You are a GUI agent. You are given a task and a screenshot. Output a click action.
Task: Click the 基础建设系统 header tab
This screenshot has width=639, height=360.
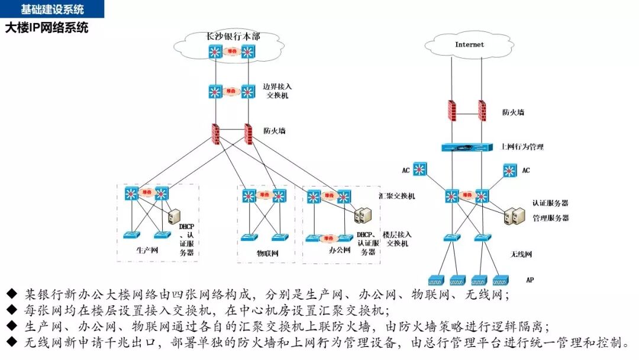click(x=52, y=9)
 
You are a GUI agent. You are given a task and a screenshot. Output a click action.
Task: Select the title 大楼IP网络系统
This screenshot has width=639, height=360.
click(x=47, y=27)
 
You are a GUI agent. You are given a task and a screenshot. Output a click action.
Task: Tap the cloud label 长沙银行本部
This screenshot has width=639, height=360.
click(x=233, y=37)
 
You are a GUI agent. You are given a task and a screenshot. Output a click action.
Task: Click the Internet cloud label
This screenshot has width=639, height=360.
click(x=469, y=44)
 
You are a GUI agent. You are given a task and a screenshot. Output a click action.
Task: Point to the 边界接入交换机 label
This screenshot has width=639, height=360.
click(x=277, y=91)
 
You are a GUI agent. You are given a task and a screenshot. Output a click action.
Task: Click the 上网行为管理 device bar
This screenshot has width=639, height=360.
click(x=467, y=147)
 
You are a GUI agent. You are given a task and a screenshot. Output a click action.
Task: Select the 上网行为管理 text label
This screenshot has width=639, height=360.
click(x=522, y=147)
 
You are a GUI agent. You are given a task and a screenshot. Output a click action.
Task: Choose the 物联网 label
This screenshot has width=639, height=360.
click(x=267, y=253)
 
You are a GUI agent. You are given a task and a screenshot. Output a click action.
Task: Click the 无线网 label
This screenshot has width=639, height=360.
click(x=521, y=255)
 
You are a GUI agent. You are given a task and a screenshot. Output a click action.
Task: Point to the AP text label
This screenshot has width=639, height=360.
click(x=530, y=279)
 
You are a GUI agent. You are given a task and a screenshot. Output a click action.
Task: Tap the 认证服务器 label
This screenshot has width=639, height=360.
click(x=550, y=203)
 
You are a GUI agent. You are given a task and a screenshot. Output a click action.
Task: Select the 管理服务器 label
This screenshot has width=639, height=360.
click(x=550, y=218)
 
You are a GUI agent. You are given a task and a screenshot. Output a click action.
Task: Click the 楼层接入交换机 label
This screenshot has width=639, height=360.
click(x=396, y=239)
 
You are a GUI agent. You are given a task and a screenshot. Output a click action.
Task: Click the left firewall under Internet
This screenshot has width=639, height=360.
click(x=452, y=110)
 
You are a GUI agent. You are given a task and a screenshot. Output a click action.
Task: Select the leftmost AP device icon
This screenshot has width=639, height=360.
click(x=437, y=279)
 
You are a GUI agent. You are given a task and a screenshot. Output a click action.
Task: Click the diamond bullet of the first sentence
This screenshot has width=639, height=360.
click(x=12, y=294)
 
